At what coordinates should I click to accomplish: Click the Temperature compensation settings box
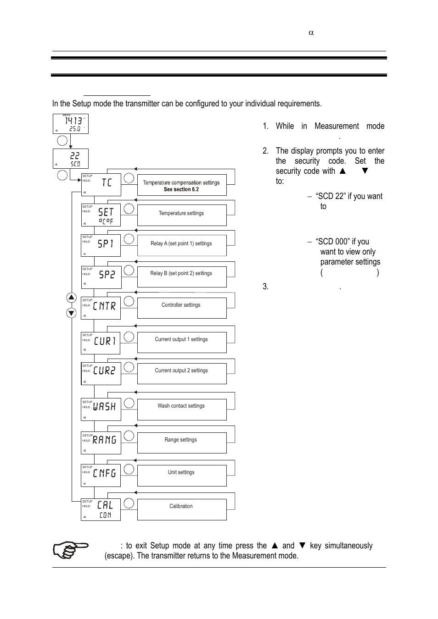tap(182, 185)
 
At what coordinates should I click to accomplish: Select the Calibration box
tap(182, 509)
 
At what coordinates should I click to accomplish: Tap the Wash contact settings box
tap(182, 409)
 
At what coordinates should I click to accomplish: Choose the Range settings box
tap(182, 442)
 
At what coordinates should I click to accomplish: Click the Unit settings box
tap(182, 475)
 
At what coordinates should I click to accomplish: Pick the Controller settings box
tap(182, 308)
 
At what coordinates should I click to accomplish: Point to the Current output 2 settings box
tap(182, 373)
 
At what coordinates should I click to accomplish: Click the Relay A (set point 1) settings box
tap(182, 245)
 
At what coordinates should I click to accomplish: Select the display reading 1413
tap(71, 124)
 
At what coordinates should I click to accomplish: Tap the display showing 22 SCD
tap(71, 159)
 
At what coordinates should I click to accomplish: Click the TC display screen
tap(101, 185)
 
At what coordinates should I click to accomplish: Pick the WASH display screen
tap(101, 409)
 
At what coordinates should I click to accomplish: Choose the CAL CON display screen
tap(101, 509)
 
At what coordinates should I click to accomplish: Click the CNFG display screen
tap(101, 475)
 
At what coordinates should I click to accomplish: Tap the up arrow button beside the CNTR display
tap(71, 298)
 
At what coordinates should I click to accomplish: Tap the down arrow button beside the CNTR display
tap(71, 313)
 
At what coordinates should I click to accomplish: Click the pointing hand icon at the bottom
tap(70, 550)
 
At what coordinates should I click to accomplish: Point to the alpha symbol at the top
tap(311, 33)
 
